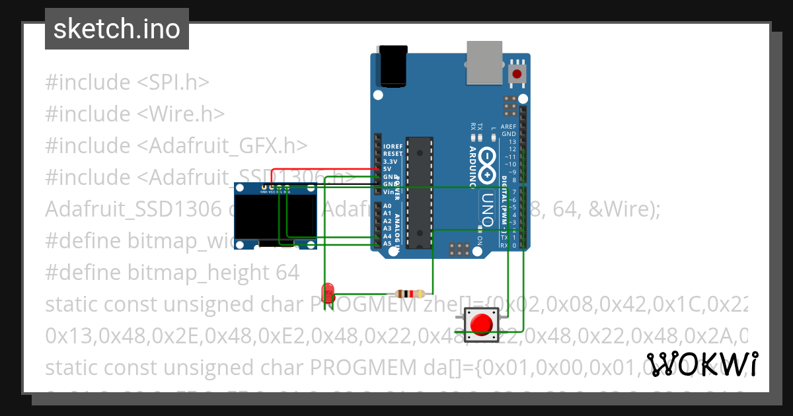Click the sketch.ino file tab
pyautogui.click(x=116, y=29)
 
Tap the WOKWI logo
pyautogui.click(x=702, y=364)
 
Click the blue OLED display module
pyautogui.click(x=276, y=217)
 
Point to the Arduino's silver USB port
pyautogui.click(x=484, y=63)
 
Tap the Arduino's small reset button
pyautogui.click(x=518, y=74)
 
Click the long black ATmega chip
pyautogui.click(x=420, y=192)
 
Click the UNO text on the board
pyautogui.click(x=486, y=209)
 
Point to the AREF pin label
pyautogui.click(x=509, y=126)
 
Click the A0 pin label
pyautogui.click(x=387, y=206)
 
